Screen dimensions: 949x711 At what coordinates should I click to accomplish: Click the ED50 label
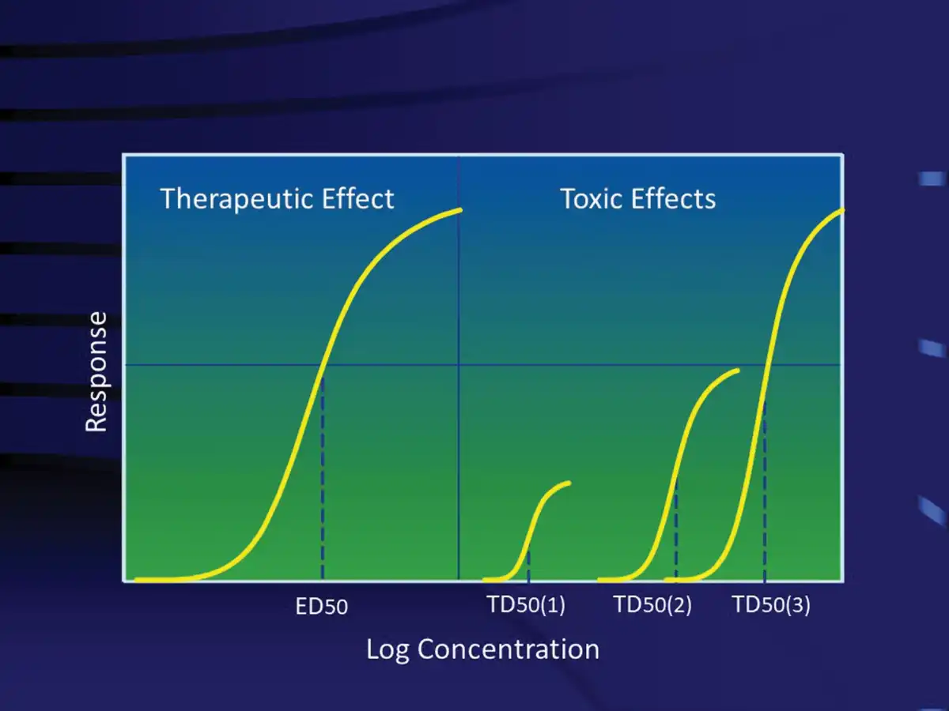[x=321, y=606]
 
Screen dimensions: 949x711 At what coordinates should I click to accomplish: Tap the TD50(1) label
[x=526, y=604]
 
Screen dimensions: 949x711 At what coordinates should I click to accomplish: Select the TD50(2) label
[x=653, y=604]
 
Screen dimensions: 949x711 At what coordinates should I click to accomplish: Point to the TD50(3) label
[x=772, y=604]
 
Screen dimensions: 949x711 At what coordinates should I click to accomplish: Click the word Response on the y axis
[x=96, y=371]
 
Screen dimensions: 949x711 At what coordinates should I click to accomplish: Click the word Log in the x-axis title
[x=388, y=650]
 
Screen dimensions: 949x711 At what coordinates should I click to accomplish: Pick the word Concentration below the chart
[x=509, y=649]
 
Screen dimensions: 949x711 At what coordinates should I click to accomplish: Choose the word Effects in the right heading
[x=674, y=198]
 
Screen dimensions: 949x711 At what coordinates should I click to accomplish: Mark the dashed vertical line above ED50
[x=323, y=477]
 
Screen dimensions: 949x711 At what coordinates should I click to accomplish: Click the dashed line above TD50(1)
[x=528, y=566]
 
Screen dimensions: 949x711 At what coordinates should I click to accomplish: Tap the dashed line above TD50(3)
[x=765, y=491]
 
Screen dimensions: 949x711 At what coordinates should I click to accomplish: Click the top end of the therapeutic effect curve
[x=460, y=210]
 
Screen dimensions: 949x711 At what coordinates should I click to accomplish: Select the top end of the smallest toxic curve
[x=569, y=483]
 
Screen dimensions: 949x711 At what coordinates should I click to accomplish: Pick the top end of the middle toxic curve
[x=737, y=371]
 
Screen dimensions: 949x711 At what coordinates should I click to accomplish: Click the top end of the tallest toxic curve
[x=842, y=210]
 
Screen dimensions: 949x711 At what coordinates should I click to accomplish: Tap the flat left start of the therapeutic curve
[x=138, y=580]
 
